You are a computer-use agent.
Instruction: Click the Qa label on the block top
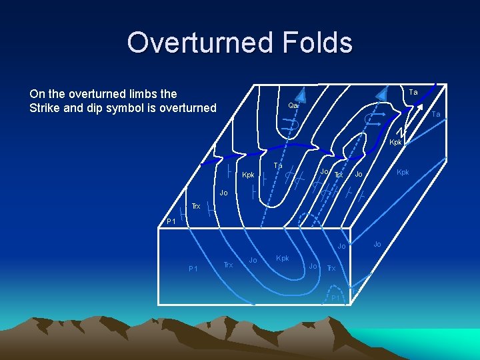(293, 105)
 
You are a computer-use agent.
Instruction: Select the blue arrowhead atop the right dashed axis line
(382, 93)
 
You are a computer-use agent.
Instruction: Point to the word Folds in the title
(317, 42)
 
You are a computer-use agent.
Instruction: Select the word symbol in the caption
(137, 108)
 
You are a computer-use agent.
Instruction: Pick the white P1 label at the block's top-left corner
(171, 221)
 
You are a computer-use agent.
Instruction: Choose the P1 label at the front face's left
(193, 269)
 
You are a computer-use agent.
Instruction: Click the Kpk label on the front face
(282, 258)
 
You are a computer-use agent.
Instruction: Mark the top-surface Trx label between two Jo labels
(338, 175)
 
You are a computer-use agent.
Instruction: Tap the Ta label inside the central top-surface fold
(279, 165)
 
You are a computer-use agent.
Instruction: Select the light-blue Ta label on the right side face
(435, 115)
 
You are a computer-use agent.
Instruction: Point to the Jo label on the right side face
(377, 244)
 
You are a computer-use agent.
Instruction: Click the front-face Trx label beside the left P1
(227, 265)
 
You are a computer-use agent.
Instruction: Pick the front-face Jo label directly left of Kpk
(253, 259)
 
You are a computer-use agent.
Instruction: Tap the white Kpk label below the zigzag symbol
(395, 143)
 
